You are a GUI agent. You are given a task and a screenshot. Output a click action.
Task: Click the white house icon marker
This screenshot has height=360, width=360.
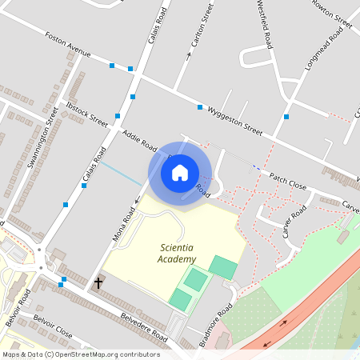tap(180, 172)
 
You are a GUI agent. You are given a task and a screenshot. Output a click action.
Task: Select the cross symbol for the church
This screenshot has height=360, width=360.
tap(99, 283)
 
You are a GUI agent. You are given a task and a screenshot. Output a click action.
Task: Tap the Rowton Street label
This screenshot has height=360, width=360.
tap(333, 17)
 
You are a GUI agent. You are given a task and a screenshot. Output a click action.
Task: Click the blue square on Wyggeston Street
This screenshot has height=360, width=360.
tap(200, 106)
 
